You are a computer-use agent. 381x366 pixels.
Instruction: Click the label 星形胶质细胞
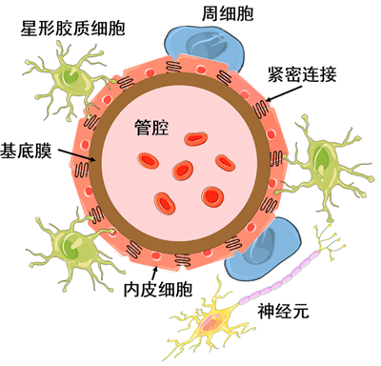(72, 29)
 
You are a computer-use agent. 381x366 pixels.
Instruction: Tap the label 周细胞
(228, 14)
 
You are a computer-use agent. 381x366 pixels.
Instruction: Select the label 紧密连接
(302, 74)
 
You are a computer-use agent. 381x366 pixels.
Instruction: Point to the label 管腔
(151, 128)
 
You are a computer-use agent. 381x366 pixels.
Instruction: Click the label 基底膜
(26, 151)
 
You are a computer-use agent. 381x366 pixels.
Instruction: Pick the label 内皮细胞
(158, 289)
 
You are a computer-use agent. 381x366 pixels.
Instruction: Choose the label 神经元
(283, 311)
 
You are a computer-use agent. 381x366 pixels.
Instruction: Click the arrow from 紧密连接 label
(283, 93)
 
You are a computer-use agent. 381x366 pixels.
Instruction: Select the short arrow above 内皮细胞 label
(154, 274)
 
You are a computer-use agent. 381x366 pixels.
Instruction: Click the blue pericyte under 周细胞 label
(205, 46)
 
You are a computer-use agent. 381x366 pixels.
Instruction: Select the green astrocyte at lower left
(73, 245)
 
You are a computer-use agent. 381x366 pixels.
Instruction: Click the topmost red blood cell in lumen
(196, 138)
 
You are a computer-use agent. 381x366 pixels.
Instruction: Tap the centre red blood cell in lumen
(183, 171)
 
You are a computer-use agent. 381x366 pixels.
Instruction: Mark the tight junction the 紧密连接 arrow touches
(261, 109)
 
